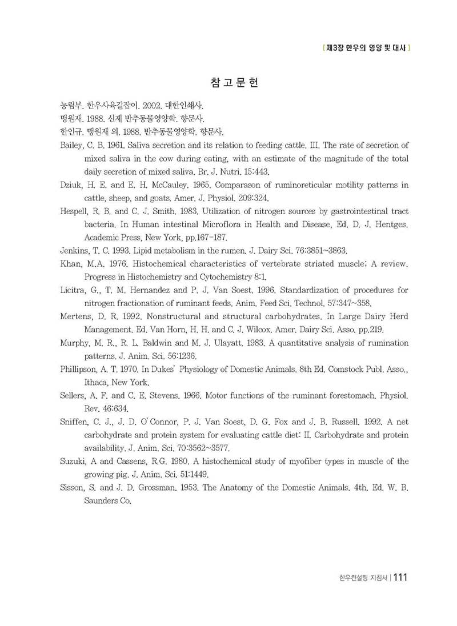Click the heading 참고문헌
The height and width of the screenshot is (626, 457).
pos(235,83)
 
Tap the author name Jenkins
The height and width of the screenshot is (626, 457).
pos(75,250)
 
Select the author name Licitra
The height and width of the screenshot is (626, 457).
pos(74,290)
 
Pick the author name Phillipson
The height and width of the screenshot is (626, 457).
pos(81,370)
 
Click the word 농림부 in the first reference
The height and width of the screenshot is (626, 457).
pos(71,105)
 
